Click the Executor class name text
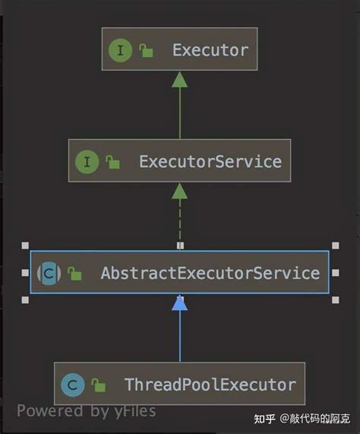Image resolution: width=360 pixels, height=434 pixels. coord(210,50)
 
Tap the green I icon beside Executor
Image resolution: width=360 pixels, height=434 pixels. coord(120,50)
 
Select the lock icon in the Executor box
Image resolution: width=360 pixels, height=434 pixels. coord(146,50)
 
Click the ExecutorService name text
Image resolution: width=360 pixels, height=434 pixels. coord(210,161)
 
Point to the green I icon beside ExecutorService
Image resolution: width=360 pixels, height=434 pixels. coord(87,162)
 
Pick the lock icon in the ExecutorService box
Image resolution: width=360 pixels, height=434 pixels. coord(112,162)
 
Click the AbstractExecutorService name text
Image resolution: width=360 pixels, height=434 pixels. coord(210,273)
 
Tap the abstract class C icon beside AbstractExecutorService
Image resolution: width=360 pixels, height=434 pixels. coord(49,273)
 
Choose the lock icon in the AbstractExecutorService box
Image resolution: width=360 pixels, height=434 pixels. coord(74,274)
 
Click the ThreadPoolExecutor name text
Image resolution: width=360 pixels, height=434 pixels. coord(210,385)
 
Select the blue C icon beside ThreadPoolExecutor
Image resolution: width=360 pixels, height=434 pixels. coord(73,385)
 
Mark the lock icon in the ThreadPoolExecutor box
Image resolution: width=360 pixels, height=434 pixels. coord(99,385)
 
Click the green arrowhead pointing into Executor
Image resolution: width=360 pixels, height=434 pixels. coord(180,80)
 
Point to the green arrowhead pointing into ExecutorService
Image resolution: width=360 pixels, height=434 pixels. coord(180,191)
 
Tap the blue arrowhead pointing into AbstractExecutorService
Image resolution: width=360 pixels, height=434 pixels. coord(180,303)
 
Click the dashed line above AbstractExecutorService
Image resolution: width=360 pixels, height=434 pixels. coord(180,221)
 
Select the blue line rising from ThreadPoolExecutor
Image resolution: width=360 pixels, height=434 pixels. coord(180,336)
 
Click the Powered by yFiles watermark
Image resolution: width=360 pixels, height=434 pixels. coord(87,411)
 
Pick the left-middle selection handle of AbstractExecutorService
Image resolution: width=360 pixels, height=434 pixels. coord(25,273)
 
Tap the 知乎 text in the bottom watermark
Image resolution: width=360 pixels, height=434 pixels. coord(264,419)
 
